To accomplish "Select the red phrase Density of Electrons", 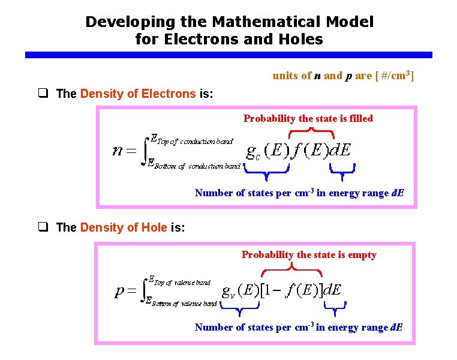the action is click(138, 94).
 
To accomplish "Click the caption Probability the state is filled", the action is click(308, 118).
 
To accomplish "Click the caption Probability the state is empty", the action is click(309, 254).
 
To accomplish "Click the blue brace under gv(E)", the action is click(238, 308).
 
